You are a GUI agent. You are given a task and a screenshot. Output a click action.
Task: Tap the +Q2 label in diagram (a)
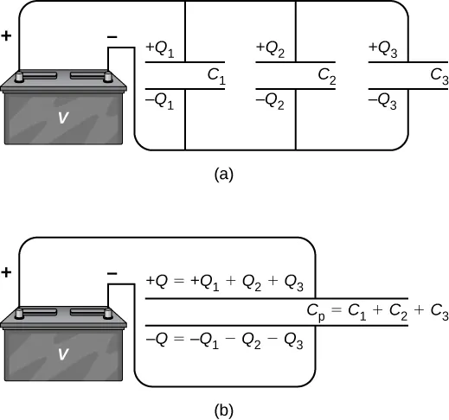pos(273,50)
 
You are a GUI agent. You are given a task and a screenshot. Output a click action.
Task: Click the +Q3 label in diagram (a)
pos(384,50)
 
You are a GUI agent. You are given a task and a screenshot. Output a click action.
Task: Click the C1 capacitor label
pos(216,75)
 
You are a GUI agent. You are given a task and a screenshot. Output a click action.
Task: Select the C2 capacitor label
pos(327,75)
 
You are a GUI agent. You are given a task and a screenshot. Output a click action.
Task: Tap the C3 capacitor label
pos(439,75)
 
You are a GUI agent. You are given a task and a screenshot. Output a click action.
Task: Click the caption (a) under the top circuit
pos(223,174)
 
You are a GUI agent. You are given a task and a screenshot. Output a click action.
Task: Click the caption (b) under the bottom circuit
pos(223,409)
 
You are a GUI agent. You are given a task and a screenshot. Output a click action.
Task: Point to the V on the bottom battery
pos(61,353)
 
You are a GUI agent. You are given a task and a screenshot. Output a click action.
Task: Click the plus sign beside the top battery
pos(7,38)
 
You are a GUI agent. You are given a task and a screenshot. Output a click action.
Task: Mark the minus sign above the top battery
pos(112,38)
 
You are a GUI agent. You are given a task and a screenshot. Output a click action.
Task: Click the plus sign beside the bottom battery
pos(7,272)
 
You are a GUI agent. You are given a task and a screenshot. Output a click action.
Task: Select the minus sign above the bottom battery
pos(112,273)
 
